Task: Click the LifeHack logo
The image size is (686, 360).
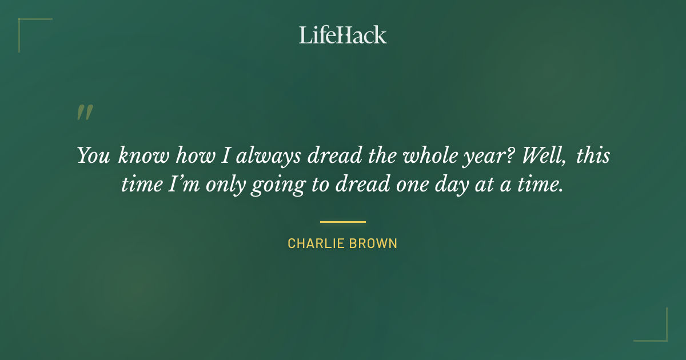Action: click(x=343, y=35)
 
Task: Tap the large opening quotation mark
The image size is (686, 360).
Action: click(x=85, y=112)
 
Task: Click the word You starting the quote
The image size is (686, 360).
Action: click(x=93, y=156)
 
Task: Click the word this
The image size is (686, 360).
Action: click(x=593, y=156)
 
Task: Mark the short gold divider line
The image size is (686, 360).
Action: click(x=343, y=222)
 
